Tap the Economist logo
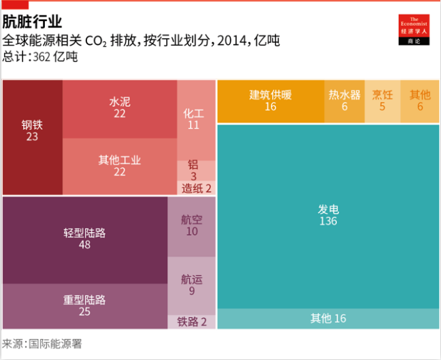[x=413, y=30]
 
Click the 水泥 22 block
[x=120, y=108]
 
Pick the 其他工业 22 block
[x=120, y=165]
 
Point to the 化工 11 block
[x=194, y=119]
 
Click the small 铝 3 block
[x=194, y=170]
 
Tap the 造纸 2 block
[x=196, y=188]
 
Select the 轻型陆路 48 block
[x=85, y=238]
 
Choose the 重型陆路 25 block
[x=85, y=306]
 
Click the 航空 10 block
[x=191, y=226]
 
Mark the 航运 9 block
[x=191, y=284]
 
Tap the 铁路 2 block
[x=191, y=322]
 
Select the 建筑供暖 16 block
[x=270, y=101]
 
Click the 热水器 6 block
[x=344, y=101]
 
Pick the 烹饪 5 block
[x=382, y=101]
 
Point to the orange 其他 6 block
[x=420, y=101]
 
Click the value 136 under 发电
[x=327, y=221]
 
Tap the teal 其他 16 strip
[x=329, y=318]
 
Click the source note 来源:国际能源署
[x=42, y=344]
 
